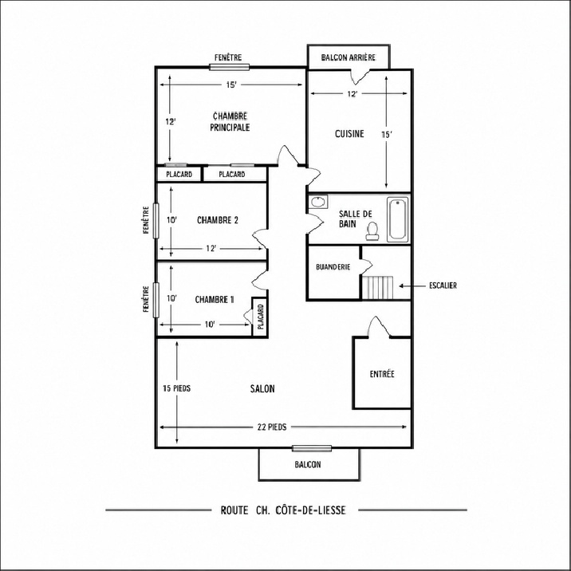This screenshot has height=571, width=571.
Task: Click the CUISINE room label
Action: click(349, 134)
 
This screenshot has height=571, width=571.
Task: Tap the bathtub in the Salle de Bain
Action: click(397, 219)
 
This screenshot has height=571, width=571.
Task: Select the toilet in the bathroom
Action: click(372, 231)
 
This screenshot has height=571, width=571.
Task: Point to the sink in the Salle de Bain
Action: click(318, 202)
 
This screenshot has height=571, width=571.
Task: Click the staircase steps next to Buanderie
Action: click(378, 287)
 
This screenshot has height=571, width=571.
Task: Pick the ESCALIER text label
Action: click(443, 285)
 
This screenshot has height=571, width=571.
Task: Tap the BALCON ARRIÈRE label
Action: click(349, 57)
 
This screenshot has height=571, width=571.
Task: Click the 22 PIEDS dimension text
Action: click(272, 427)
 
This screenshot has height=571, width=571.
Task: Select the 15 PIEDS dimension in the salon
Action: click(176, 388)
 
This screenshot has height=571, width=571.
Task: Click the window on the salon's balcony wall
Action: click(312, 448)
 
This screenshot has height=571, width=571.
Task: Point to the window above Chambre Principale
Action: click(230, 67)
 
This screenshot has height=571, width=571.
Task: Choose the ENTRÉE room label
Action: click(382, 374)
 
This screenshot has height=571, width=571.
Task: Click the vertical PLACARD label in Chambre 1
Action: click(261, 317)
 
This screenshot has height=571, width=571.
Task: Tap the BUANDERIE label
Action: click(333, 267)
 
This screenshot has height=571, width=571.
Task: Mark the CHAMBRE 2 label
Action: click(218, 220)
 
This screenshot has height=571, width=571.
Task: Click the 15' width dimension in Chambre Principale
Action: click(231, 85)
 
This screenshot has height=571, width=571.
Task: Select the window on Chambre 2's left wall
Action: click(156, 221)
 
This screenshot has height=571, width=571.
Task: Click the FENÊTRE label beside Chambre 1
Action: click(146, 299)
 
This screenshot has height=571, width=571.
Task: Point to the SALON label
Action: click(262, 389)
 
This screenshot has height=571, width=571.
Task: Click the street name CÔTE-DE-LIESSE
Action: click(311, 510)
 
